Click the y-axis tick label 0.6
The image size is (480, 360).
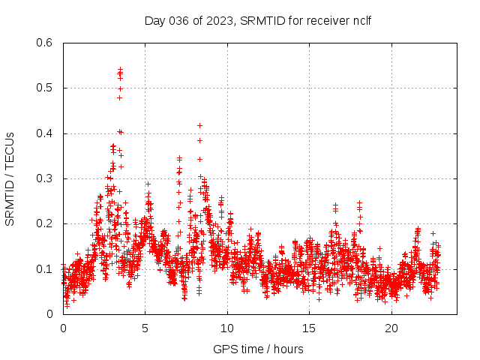click(46, 43)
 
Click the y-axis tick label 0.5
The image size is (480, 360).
click(46, 88)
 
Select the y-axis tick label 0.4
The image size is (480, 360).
click(46, 133)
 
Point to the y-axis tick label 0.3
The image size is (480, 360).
click(46, 178)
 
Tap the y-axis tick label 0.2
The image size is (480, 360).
click(46, 223)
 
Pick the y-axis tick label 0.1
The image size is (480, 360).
click(46, 269)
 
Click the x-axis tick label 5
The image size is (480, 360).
click(145, 328)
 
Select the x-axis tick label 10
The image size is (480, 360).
click(227, 328)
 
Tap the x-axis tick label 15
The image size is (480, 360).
click(309, 328)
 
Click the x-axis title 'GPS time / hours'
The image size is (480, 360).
click(258, 349)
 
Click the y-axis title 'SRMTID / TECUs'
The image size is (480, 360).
click(10, 178)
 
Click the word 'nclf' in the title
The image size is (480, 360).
click(361, 20)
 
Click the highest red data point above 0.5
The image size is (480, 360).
click(120, 69)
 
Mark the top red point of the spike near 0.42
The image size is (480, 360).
click(199, 125)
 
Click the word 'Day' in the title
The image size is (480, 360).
click(154, 20)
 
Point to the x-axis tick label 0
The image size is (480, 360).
click(63, 328)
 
